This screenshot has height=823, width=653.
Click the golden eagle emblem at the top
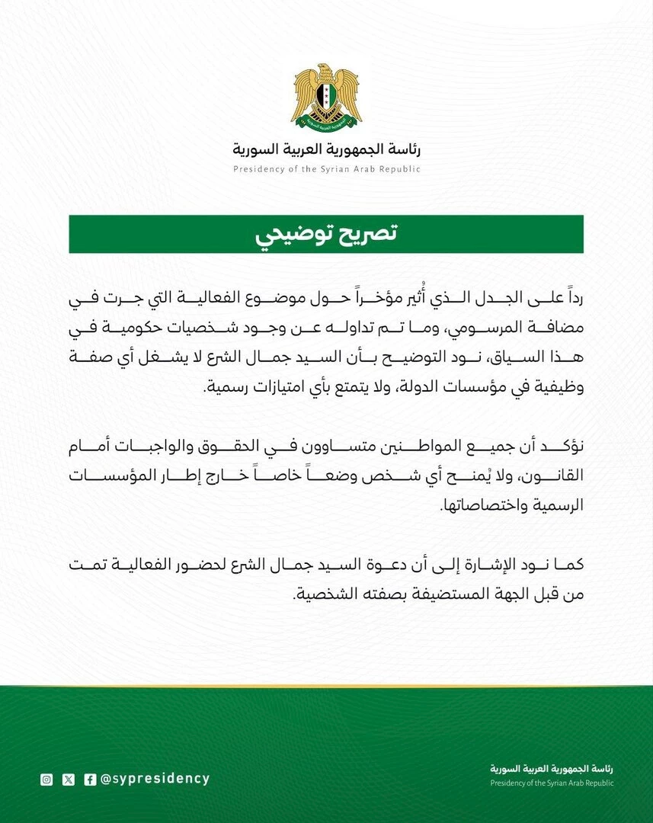point(326,97)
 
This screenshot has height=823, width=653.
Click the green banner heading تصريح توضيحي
point(326,234)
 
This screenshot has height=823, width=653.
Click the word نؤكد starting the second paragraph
point(568,447)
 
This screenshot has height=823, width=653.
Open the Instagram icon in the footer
point(46,779)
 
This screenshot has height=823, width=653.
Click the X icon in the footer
point(69,779)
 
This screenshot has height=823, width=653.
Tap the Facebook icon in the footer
point(90,779)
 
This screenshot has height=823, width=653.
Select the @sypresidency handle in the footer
point(155,779)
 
